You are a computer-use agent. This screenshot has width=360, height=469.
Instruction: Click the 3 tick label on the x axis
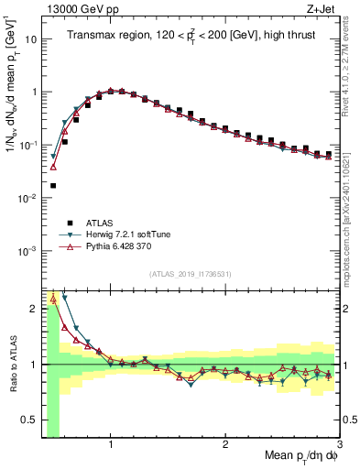[x=339, y=443]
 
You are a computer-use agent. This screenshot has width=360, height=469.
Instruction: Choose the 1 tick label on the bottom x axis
[x=111, y=443]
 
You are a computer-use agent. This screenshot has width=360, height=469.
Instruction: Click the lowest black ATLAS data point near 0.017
[x=52, y=185]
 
